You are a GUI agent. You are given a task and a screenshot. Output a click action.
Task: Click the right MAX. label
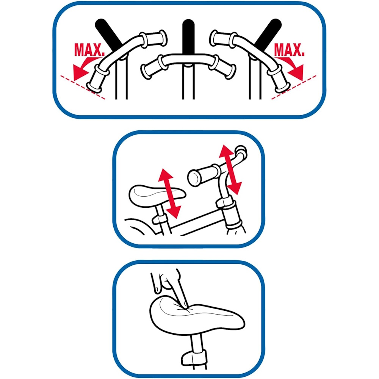(x=289, y=50)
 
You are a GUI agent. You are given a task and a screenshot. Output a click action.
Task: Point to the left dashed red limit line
(x=83, y=87)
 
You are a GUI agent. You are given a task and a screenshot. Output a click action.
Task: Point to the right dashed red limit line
(x=294, y=87)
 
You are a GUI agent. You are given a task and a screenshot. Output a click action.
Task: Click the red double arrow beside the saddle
(x=169, y=193)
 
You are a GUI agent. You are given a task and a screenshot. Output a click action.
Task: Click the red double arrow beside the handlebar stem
(x=230, y=170)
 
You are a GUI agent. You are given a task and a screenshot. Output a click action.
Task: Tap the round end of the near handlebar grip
(x=194, y=178)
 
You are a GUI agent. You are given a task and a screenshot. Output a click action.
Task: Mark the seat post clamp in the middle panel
(x=160, y=219)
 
